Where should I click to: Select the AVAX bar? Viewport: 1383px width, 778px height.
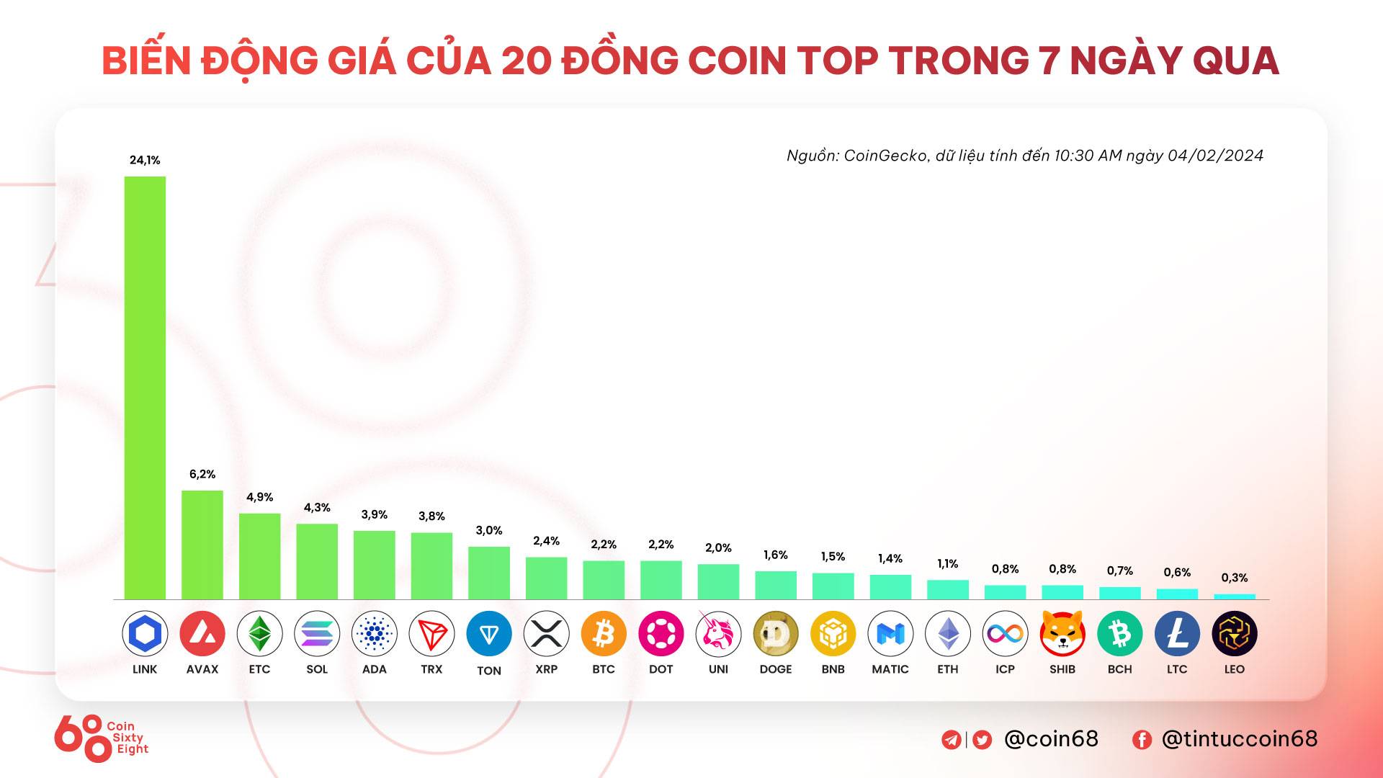pyautogui.click(x=202, y=545)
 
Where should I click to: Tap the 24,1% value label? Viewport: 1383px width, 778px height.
pyautogui.click(x=145, y=160)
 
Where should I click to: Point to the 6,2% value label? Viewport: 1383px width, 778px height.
pyautogui.click(x=202, y=474)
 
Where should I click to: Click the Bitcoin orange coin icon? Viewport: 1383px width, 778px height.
pyautogui.click(x=604, y=634)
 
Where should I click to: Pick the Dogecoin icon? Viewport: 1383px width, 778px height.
pyautogui.click(x=776, y=634)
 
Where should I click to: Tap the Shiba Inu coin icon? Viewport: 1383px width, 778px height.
pyautogui.click(x=1062, y=634)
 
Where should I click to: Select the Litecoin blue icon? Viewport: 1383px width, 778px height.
pyautogui.click(x=1177, y=634)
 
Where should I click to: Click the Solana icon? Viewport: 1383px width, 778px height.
pyautogui.click(x=317, y=634)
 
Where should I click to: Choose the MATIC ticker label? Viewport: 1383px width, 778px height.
pyautogui.click(x=890, y=669)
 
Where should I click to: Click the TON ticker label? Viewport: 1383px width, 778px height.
pyautogui.click(x=489, y=671)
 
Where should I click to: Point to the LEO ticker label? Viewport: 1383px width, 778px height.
pyautogui.click(x=1235, y=669)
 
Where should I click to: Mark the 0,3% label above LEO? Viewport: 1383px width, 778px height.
pyautogui.click(x=1235, y=578)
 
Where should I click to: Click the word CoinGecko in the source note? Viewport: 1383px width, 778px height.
pyautogui.click(x=885, y=156)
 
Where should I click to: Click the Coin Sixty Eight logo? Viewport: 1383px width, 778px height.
pyautogui.click(x=101, y=738)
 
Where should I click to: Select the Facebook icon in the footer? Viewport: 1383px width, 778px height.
pyautogui.click(x=1142, y=740)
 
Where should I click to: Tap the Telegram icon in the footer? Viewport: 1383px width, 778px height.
pyautogui.click(x=952, y=740)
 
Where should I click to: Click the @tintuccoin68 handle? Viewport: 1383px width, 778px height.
pyautogui.click(x=1239, y=739)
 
